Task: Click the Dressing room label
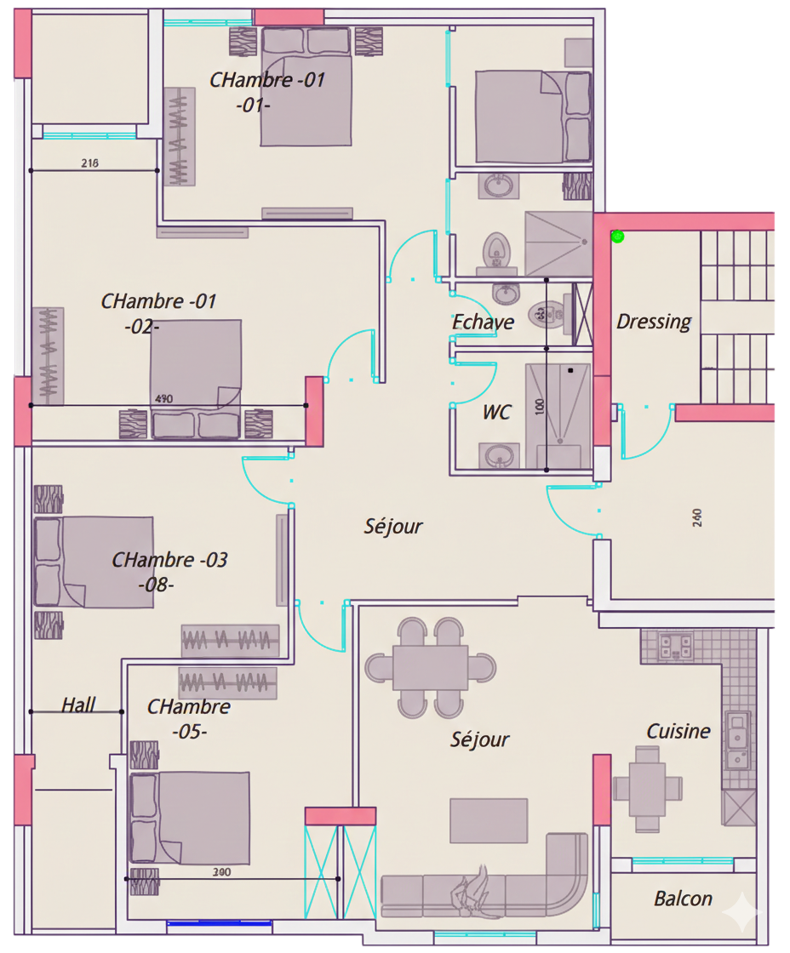[654, 322]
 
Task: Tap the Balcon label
[683, 899]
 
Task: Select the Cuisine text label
[678, 731]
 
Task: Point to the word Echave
[483, 322]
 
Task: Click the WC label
[496, 413]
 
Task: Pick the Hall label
[78, 705]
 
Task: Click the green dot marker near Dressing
[617, 237]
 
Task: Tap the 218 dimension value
[89, 163]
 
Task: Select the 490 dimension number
[164, 398]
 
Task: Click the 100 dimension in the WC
[539, 407]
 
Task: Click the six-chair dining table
[430, 668]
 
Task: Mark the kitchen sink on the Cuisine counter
[736, 730]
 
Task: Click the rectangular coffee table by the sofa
[488, 820]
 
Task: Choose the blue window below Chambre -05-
[220, 923]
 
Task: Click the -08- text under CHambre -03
[156, 585]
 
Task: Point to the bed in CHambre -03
[94, 562]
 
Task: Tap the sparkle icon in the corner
[741, 914]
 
